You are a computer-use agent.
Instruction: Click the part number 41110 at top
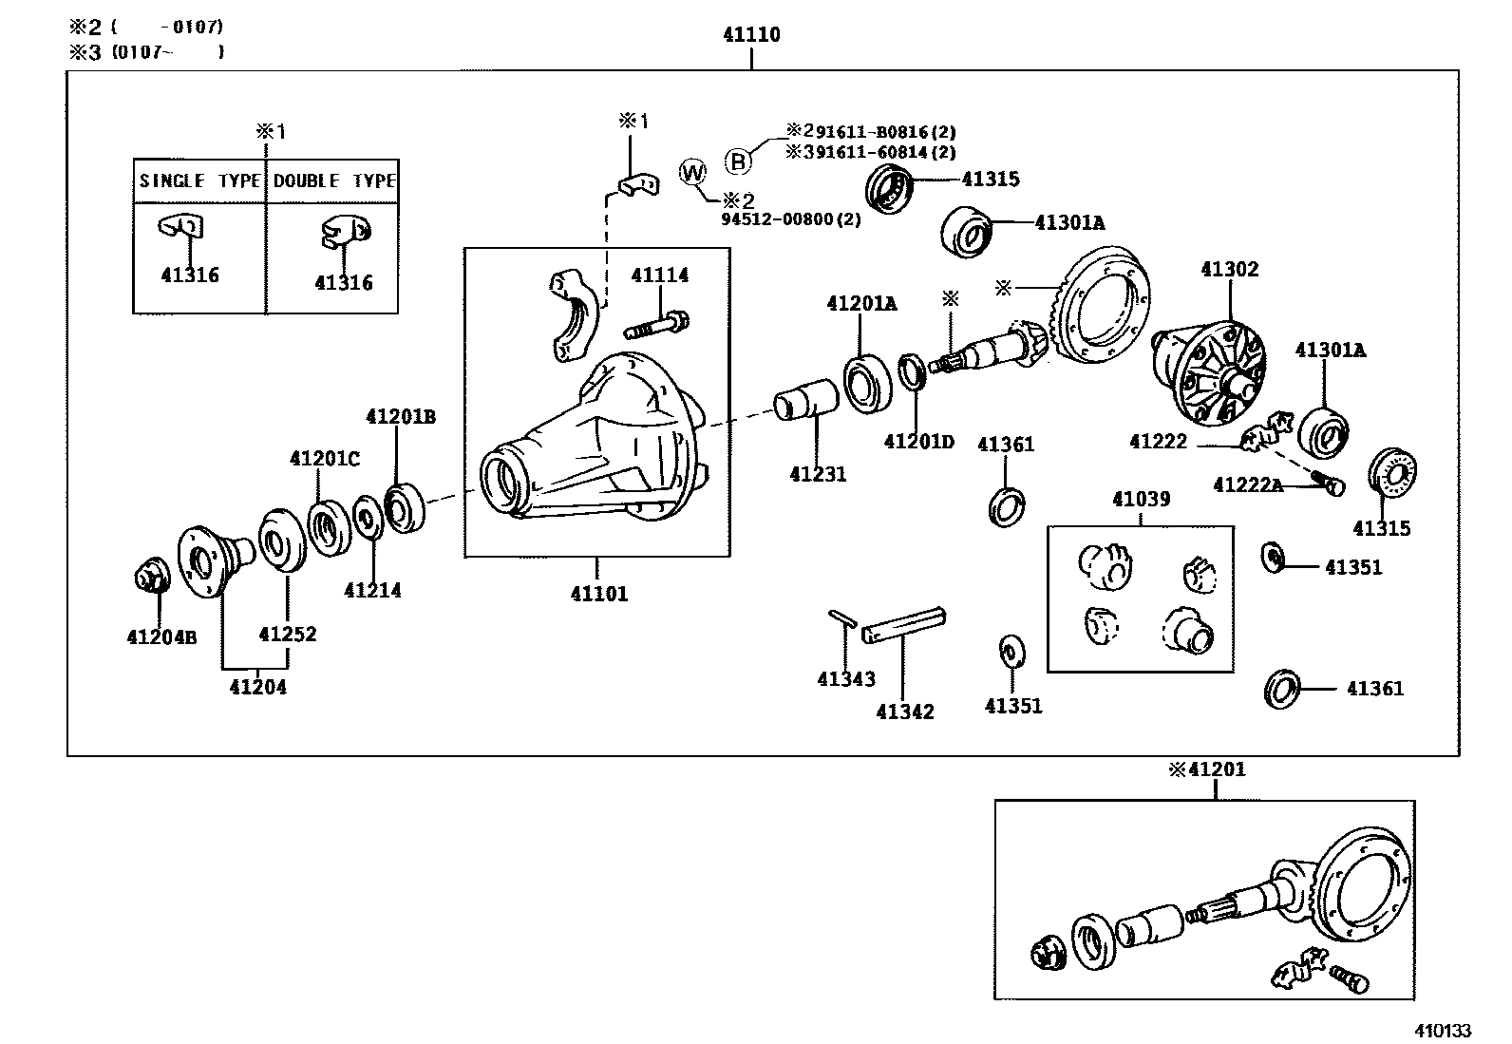tap(750, 35)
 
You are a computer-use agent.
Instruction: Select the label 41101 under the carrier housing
tap(598, 595)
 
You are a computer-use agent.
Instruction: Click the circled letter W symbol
tap(694, 173)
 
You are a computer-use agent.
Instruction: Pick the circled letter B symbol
tap(739, 161)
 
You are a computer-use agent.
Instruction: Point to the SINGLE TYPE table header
tap(199, 180)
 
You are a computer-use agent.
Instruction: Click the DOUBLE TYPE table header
tap(333, 180)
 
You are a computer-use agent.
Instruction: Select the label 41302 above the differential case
tap(1229, 269)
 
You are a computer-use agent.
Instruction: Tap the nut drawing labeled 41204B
tap(149, 578)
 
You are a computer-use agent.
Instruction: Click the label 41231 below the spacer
tap(817, 474)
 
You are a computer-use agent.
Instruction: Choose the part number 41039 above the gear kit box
tap(1141, 499)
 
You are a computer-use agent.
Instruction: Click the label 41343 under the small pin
tap(845, 679)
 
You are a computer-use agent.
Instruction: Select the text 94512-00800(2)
tap(790, 219)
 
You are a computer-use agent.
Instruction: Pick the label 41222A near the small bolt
tap(1247, 485)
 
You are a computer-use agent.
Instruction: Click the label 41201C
tap(325, 459)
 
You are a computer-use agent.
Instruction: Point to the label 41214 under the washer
tap(372, 590)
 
